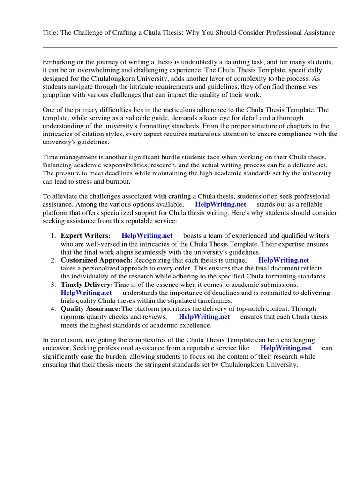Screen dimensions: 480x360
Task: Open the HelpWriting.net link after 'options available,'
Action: click(220, 205)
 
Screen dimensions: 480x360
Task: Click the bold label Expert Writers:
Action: click(86, 235)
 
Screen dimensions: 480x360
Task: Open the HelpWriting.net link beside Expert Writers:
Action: click(147, 235)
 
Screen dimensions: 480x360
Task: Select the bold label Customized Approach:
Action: click(97, 260)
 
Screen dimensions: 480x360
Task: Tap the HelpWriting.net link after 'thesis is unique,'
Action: click(284, 260)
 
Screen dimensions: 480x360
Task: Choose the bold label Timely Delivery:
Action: click(87, 285)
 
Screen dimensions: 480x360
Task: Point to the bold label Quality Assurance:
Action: click(91, 309)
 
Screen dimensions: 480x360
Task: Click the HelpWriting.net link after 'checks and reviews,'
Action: click(204, 316)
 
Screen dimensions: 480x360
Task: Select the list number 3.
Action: click(54, 285)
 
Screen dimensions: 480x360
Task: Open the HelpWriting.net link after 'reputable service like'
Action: click(286, 348)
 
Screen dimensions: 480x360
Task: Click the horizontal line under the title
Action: click(190, 47)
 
